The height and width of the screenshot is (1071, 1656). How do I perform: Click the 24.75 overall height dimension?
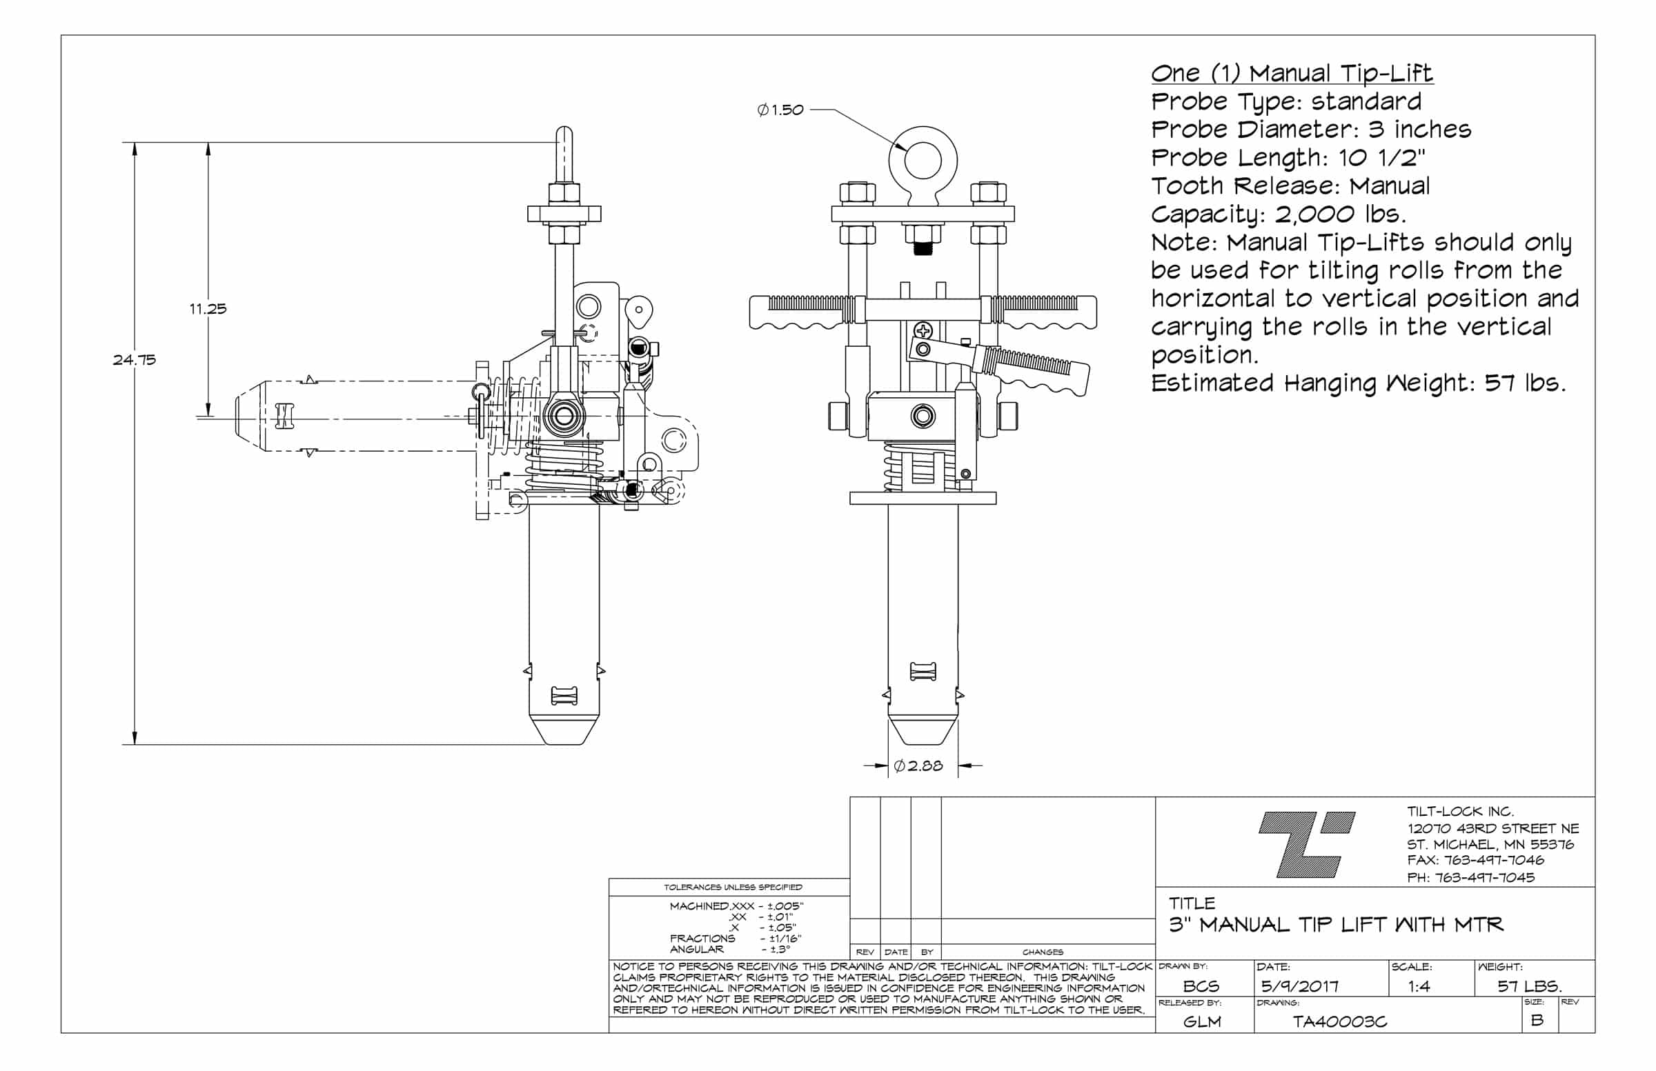[135, 359]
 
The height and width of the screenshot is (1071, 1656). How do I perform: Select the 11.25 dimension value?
[208, 308]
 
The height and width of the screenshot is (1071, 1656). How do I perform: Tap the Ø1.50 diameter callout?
[780, 110]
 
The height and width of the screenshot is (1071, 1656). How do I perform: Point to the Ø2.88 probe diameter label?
[918, 765]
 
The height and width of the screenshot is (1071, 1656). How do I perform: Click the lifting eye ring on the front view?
[923, 161]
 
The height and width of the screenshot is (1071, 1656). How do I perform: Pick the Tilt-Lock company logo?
[1306, 843]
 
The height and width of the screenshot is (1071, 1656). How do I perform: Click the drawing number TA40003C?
[1339, 1021]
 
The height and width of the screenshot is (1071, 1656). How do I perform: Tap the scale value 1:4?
[1419, 985]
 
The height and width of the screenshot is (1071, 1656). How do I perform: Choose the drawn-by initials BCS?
[1201, 985]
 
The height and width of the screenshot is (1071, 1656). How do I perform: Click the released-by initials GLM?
[1202, 1021]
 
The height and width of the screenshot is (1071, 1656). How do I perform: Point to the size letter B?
[1537, 1019]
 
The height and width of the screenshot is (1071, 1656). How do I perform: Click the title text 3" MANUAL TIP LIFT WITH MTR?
[1336, 924]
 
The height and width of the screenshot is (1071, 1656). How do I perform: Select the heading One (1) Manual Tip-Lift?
[1292, 73]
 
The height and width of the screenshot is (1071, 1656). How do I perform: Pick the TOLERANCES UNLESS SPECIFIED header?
[733, 887]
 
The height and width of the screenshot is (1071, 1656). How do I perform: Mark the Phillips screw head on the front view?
[923, 331]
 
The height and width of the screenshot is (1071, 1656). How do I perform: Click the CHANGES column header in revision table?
[1043, 952]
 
